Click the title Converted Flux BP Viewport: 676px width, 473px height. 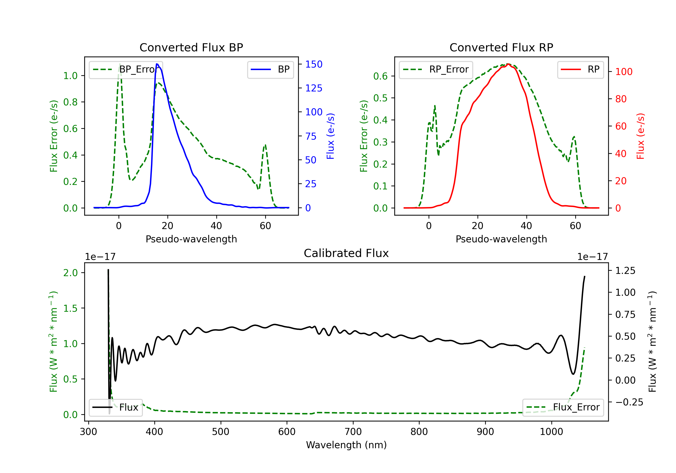coord(191,47)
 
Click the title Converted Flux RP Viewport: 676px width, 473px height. coord(501,47)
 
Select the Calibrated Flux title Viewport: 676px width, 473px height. coord(346,253)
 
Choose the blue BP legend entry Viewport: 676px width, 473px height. coord(270,69)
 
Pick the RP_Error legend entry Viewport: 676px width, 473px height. coord(436,69)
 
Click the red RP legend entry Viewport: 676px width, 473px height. coord(580,69)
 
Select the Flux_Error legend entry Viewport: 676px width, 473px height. coord(563,407)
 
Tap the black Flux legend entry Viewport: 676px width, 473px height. coord(115,407)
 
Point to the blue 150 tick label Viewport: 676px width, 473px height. coord(314,64)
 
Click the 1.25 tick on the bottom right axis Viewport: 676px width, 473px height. coord(625,271)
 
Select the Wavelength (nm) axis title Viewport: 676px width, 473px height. coord(346,445)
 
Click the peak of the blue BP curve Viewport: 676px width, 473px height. coord(157,64)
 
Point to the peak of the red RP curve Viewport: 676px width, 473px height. coord(508,64)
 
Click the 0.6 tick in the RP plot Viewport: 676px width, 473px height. coord(380,76)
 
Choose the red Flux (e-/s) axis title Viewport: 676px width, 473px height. coord(640,136)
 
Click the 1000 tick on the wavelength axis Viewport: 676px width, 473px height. coord(551,432)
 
